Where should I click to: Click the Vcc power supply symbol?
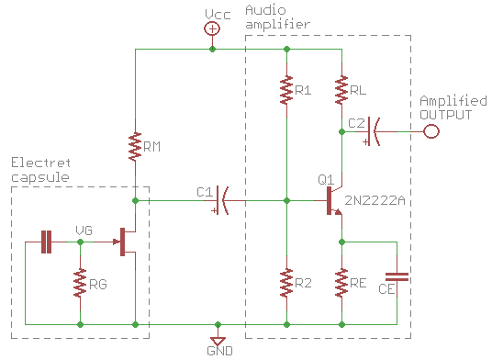click(212, 28)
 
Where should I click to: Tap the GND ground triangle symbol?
click(218, 341)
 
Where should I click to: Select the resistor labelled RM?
click(135, 147)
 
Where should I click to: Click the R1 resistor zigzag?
click(286, 89)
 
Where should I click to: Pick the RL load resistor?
click(341, 89)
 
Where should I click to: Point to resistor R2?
click(286, 283)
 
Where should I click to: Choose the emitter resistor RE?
click(341, 283)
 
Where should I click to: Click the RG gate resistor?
click(80, 283)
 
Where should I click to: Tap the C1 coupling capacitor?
click(221, 200)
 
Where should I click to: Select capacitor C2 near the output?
click(373, 131)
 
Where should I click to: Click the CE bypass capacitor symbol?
click(397, 276)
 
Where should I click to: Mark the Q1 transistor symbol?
click(333, 201)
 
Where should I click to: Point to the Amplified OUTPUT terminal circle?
click(431, 131)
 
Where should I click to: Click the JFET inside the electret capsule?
click(127, 242)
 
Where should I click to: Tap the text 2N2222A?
click(375, 200)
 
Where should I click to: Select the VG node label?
click(84, 231)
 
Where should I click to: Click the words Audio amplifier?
click(278, 17)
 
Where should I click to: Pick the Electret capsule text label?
click(40, 170)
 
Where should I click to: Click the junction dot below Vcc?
click(212, 49)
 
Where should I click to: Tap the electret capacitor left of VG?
click(47, 242)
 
